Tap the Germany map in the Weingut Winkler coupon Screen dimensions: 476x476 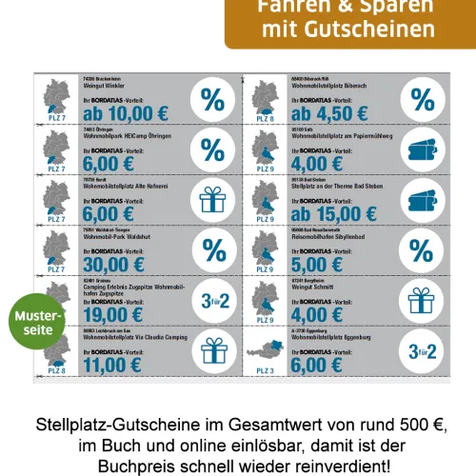pyautogui.click(x=55, y=94)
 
